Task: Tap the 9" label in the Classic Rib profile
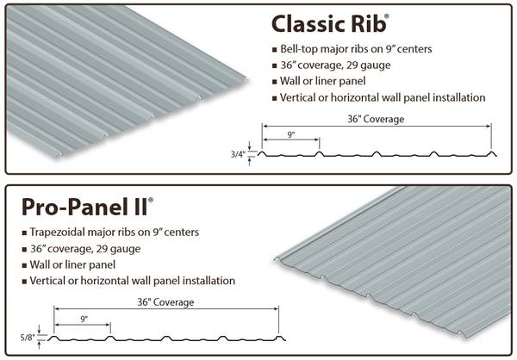click(290, 133)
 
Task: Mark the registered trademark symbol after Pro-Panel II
click(151, 199)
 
